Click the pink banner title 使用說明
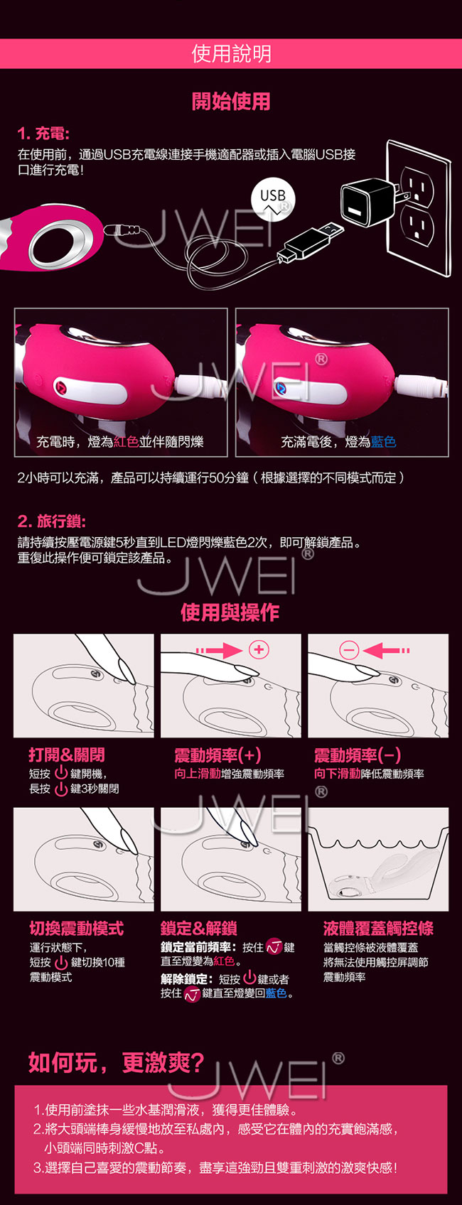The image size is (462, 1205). (x=231, y=54)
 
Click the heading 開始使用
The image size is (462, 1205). (x=231, y=101)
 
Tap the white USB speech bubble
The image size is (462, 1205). (x=273, y=199)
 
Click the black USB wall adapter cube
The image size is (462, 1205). (x=367, y=202)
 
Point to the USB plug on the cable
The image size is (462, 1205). (x=311, y=240)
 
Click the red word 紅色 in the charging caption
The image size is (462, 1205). (x=126, y=442)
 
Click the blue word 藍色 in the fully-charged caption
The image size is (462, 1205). (x=383, y=442)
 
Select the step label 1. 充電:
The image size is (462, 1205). (x=43, y=134)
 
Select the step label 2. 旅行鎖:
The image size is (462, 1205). (x=51, y=521)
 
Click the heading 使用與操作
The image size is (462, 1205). (x=230, y=612)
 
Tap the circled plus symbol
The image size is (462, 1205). (x=259, y=649)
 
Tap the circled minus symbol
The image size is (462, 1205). (x=349, y=650)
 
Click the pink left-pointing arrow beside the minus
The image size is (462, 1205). (x=387, y=650)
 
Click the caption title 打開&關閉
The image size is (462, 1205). (x=67, y=755)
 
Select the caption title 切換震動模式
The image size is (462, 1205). (x=77, y=928)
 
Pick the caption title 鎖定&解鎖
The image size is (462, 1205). (x=199, y=928)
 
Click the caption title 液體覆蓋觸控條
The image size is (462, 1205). (x=378, y=928)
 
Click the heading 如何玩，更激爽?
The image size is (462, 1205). (x=117, y=1062)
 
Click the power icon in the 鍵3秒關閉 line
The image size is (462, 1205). (x=61, y=789)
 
